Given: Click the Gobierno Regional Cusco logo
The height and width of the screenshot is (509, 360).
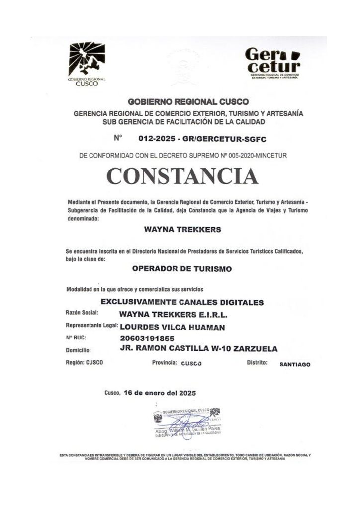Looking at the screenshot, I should click(x=87, y=64).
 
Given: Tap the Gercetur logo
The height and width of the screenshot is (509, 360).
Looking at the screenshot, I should click(x=273, y=63).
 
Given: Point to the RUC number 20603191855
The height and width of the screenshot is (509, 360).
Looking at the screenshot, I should click(x=149, y=339).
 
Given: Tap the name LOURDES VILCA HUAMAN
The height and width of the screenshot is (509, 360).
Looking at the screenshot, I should click(x=173, y=327).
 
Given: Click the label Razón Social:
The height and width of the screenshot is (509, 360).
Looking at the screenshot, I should click(x=82, y=313).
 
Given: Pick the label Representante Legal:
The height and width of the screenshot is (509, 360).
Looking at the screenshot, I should click(x=91, y=326).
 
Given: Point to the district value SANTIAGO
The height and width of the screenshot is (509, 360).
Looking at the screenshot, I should click(x=295, y=364).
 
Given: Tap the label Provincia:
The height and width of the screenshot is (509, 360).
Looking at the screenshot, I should click(x=165, y=363).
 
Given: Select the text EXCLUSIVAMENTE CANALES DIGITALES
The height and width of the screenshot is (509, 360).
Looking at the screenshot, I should click(x=182, y=302).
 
